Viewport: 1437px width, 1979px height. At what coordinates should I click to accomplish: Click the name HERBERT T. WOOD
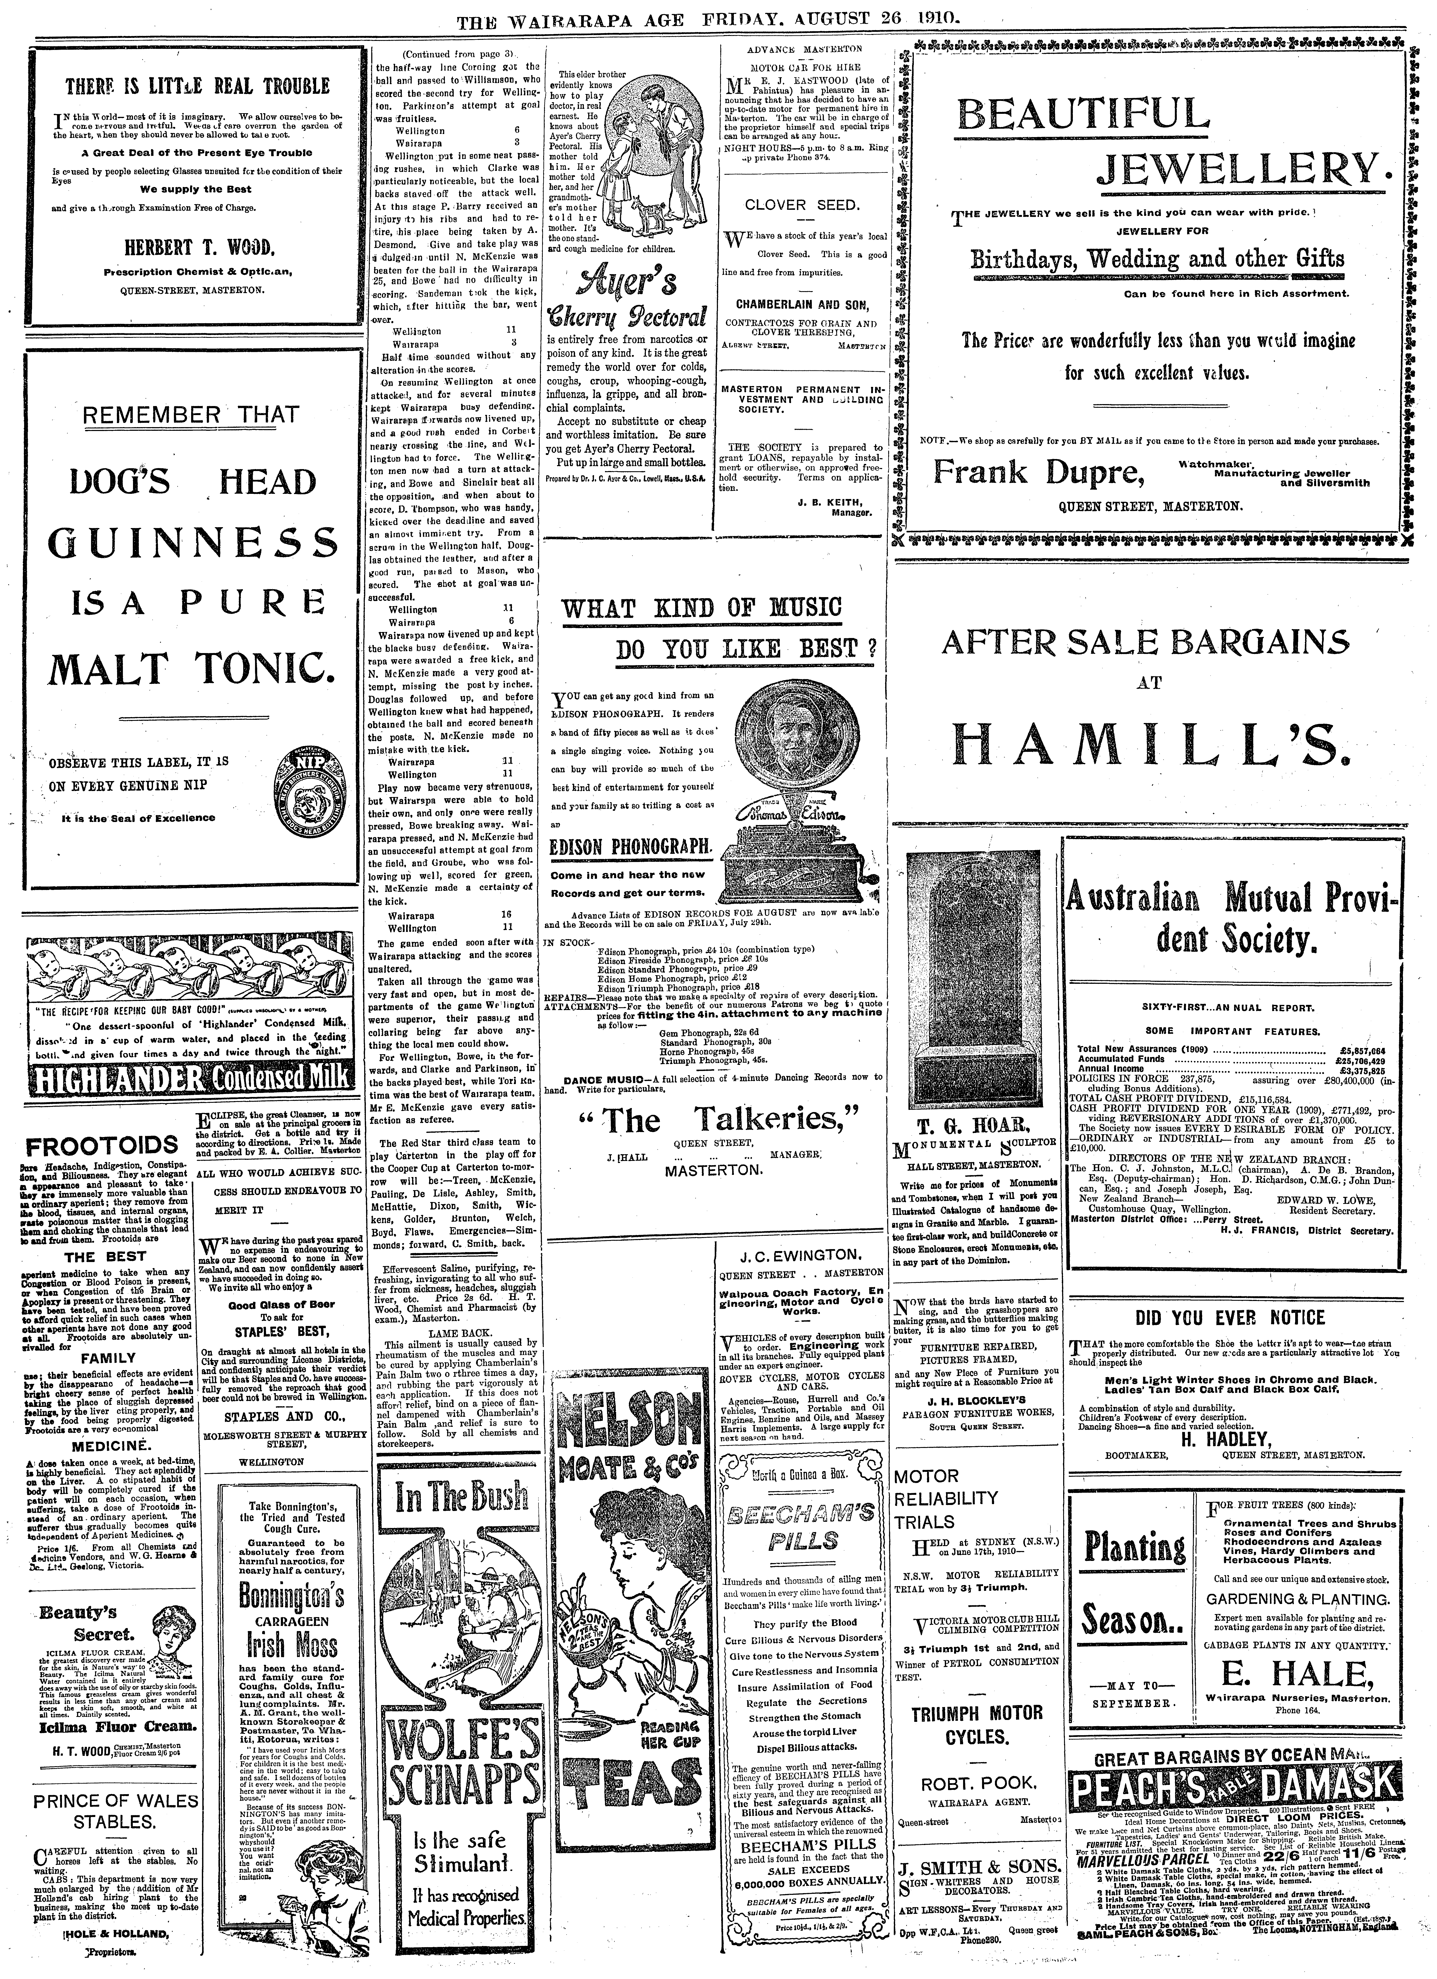point(199,245)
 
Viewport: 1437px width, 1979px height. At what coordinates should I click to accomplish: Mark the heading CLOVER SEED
point(802,206)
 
